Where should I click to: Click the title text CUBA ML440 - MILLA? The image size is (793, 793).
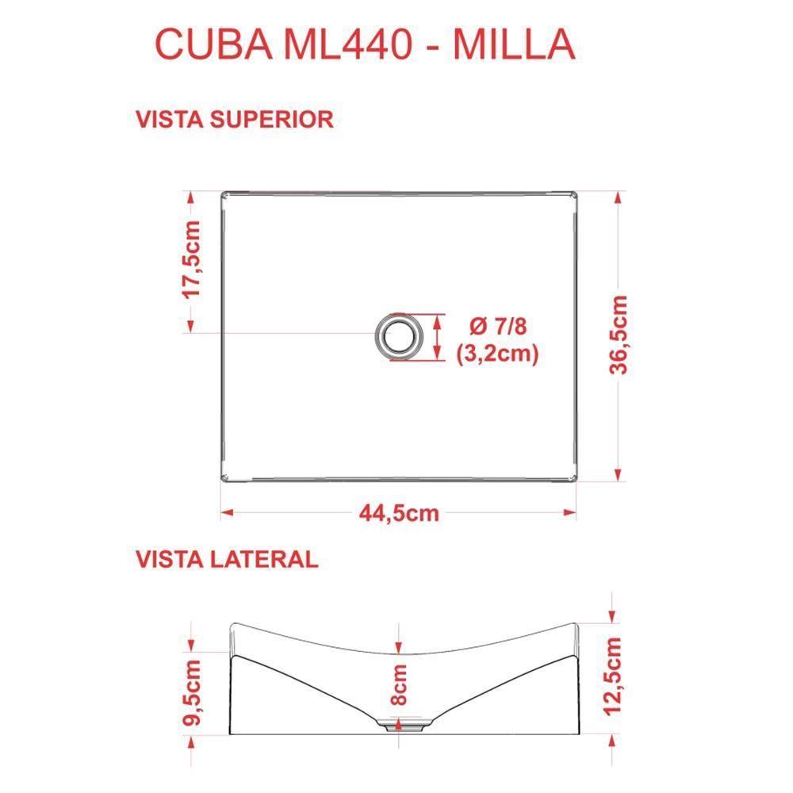click(x=364, y=44)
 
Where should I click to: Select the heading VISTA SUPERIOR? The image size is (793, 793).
click(x=235, y=119)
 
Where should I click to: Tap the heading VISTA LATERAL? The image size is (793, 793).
click(x=227, y=558)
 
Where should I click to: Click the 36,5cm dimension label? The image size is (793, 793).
click(x=619, y=335)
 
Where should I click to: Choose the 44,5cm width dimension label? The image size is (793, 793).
click(x=398, y=513)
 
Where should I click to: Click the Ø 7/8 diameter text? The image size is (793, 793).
click(x=497, y=326)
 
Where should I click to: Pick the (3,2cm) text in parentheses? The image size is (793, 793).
click(x=497, y=354)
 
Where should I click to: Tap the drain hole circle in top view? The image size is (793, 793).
click(x=397, y=335)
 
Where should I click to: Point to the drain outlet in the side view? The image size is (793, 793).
click(x=399, y=724)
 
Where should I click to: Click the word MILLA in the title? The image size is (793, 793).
click(x=513, y=44)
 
